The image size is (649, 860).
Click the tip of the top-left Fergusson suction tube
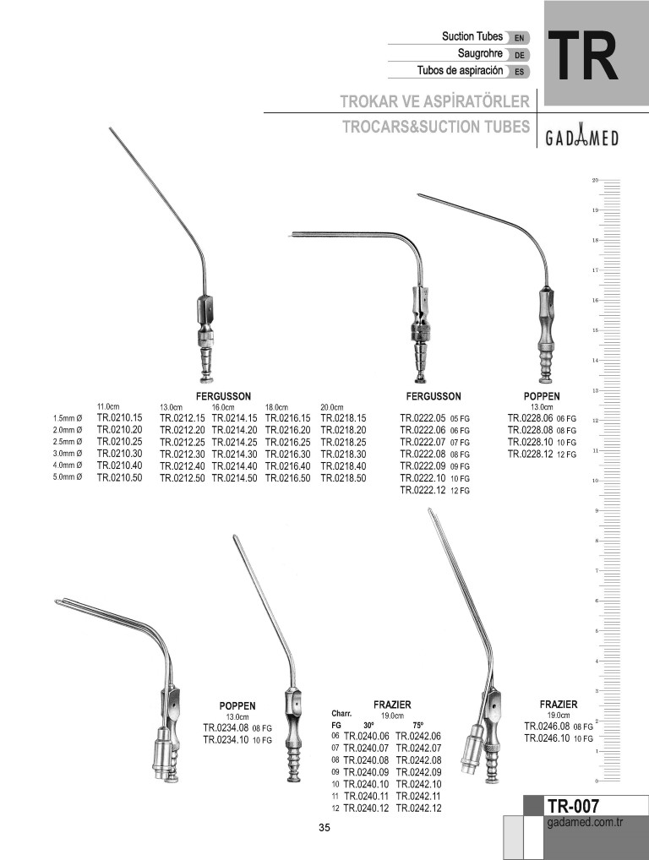(x=110, y=128)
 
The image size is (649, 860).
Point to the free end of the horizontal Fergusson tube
(x=290, y=237)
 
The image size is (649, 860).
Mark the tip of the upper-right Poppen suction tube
(x=418, y=194)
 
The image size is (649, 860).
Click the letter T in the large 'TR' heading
(x=566, y=56)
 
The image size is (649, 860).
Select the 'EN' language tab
(x=518, y=38)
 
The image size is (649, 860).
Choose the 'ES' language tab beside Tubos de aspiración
(x=518, y=72)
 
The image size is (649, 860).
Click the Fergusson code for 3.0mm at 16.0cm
(x=234, y=454)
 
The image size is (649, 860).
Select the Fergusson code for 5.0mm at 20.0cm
(x=343, y=477)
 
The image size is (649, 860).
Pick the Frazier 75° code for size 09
(x=418, y=772)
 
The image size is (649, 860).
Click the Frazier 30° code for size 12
(x=366, y=808)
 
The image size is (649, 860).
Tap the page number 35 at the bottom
(x=324, y=828)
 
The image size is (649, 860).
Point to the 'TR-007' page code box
(x=572, y=806)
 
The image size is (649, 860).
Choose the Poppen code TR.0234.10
(x=226, y=739)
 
